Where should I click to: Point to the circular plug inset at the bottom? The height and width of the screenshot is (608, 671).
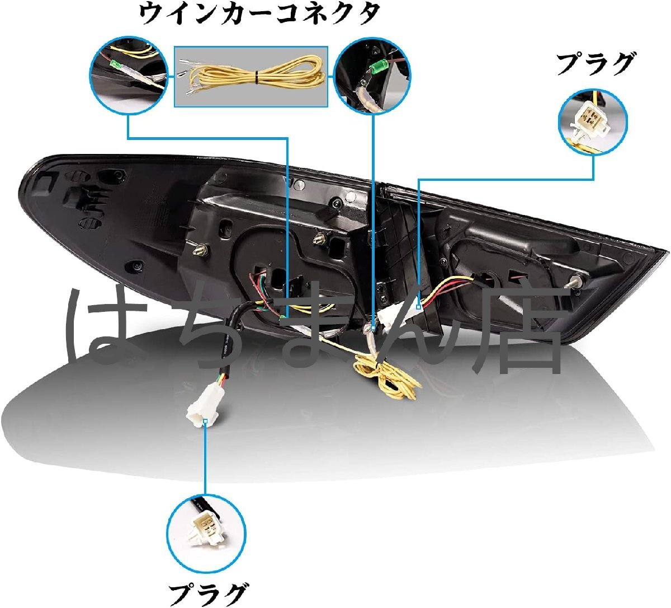206,527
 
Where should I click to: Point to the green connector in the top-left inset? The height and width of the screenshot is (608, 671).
115,66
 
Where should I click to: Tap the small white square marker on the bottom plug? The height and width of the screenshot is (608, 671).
206,420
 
